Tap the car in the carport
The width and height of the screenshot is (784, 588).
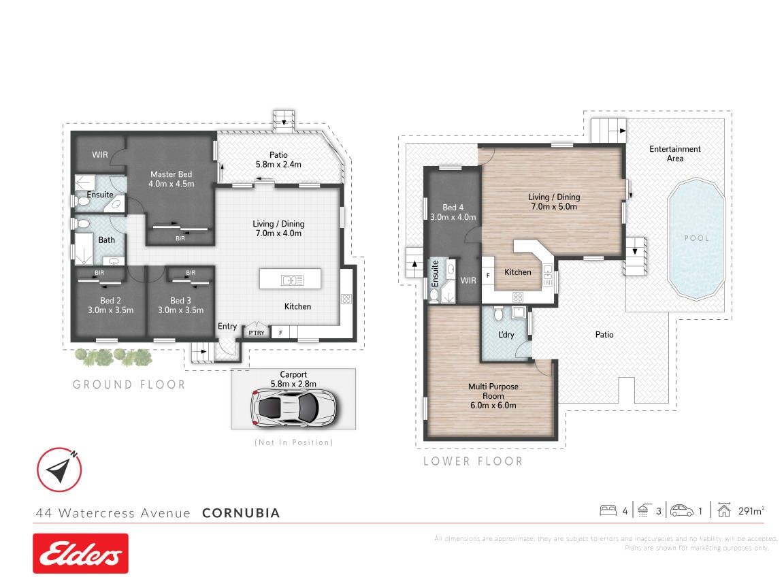pos(293,408)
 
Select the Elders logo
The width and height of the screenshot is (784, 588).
pos(80,553)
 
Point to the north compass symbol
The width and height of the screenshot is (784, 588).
pos(59,470)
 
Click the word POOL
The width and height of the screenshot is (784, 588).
pos(696,238)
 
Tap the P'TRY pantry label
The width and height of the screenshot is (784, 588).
pos(257,333)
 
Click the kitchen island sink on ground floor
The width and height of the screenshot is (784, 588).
pos(293,280)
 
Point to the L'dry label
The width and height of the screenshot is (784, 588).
pos(506,335)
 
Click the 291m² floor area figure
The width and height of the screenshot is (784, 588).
pos(751,510)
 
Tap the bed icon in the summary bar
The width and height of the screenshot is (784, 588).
pos(608,510)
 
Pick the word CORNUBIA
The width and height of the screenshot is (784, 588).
pos(241,513)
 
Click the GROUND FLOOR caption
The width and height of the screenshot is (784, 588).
pos(129,385)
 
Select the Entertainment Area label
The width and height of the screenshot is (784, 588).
pos(675,154)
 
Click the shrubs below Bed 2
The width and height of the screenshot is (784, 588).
pos(114,357)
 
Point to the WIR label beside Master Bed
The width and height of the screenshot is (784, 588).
pos(100,155)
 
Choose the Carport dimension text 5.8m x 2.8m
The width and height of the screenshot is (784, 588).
pos(293,384)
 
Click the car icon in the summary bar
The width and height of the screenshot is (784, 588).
pos(681,510)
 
